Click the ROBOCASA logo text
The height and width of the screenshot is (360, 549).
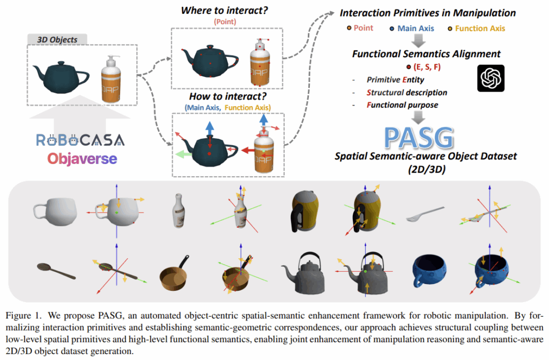click(x=80, y=140)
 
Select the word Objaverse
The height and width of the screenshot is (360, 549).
click(x=80, y=159)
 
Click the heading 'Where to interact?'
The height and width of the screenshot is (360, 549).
click(x=225, y=10)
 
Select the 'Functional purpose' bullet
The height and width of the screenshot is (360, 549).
click(x=402, y=104)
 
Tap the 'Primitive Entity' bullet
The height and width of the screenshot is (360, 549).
click(x=395, y=80)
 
